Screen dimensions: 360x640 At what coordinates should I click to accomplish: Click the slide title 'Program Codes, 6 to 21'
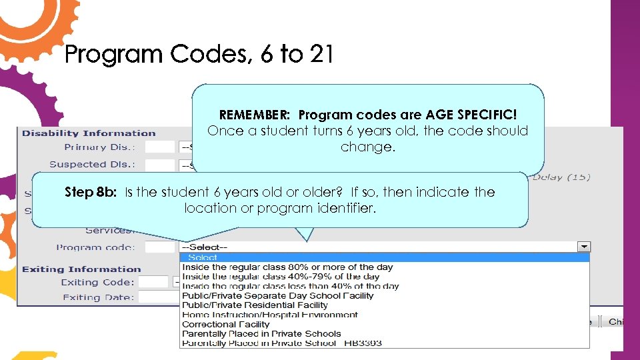tap(199, 54)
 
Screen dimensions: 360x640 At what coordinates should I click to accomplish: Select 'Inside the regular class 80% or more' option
tap(287, 267)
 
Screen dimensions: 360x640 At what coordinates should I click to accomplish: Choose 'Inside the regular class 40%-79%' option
tap(281, 277)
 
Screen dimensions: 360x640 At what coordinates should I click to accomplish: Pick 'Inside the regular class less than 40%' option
tap(290, 286)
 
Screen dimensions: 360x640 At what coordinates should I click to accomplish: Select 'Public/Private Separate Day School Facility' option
tap(277, 296)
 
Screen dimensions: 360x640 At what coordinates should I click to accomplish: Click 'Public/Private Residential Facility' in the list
tap(255, 305)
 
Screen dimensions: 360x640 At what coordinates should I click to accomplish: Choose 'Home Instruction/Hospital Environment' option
tap(269, 315)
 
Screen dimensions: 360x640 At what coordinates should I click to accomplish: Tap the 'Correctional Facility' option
tap(225, 325)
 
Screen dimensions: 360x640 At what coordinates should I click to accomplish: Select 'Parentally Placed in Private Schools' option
tap(261, 334)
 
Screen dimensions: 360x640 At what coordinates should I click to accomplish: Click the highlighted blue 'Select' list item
tap(203, 257)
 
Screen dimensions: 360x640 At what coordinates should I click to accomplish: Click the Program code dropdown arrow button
tap(584, 247)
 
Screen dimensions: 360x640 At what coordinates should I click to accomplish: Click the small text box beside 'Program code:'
tap(160, 247)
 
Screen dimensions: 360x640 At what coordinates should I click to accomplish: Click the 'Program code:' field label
tap(95, 247)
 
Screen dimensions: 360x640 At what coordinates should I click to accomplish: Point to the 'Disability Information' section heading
tap(89, 133)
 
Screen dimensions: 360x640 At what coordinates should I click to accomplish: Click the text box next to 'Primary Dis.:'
tap(159, 147)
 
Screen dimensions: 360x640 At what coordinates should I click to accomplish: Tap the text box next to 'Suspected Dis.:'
tap(159, 164)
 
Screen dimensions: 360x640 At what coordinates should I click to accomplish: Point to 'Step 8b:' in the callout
tap(91, 192)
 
